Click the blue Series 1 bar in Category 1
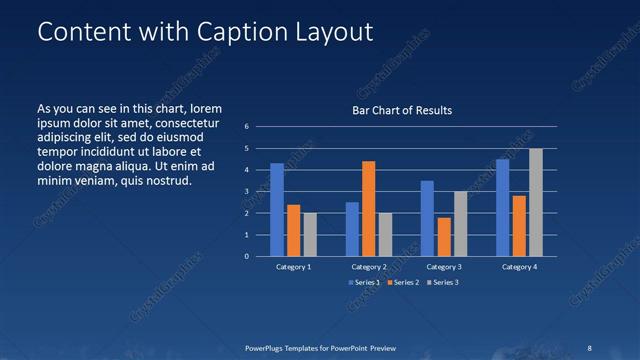pyautogui.click(x=277, y=210)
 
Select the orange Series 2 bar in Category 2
pyautogui.click(x=368, y=208)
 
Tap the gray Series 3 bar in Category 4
pyautogui.click(x=536, y=202)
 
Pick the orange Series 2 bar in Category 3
pyautogui.click(x=443, y=237)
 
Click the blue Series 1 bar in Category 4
pyautogui.click(x=502, y=208)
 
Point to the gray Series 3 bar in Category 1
pyautogui.click(x=310, y=234)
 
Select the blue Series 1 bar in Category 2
pyautogui.click(x=352, y=229)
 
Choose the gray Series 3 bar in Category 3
pyautogui.click(x=460, y=224)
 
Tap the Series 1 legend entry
pyautogui.click(x=364, y=283)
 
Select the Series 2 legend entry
pyautogui.click(x=402, y=283)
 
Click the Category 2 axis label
pyautogui.click(x=368, y=267)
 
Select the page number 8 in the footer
pyautogui.click(x=590, y=347)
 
